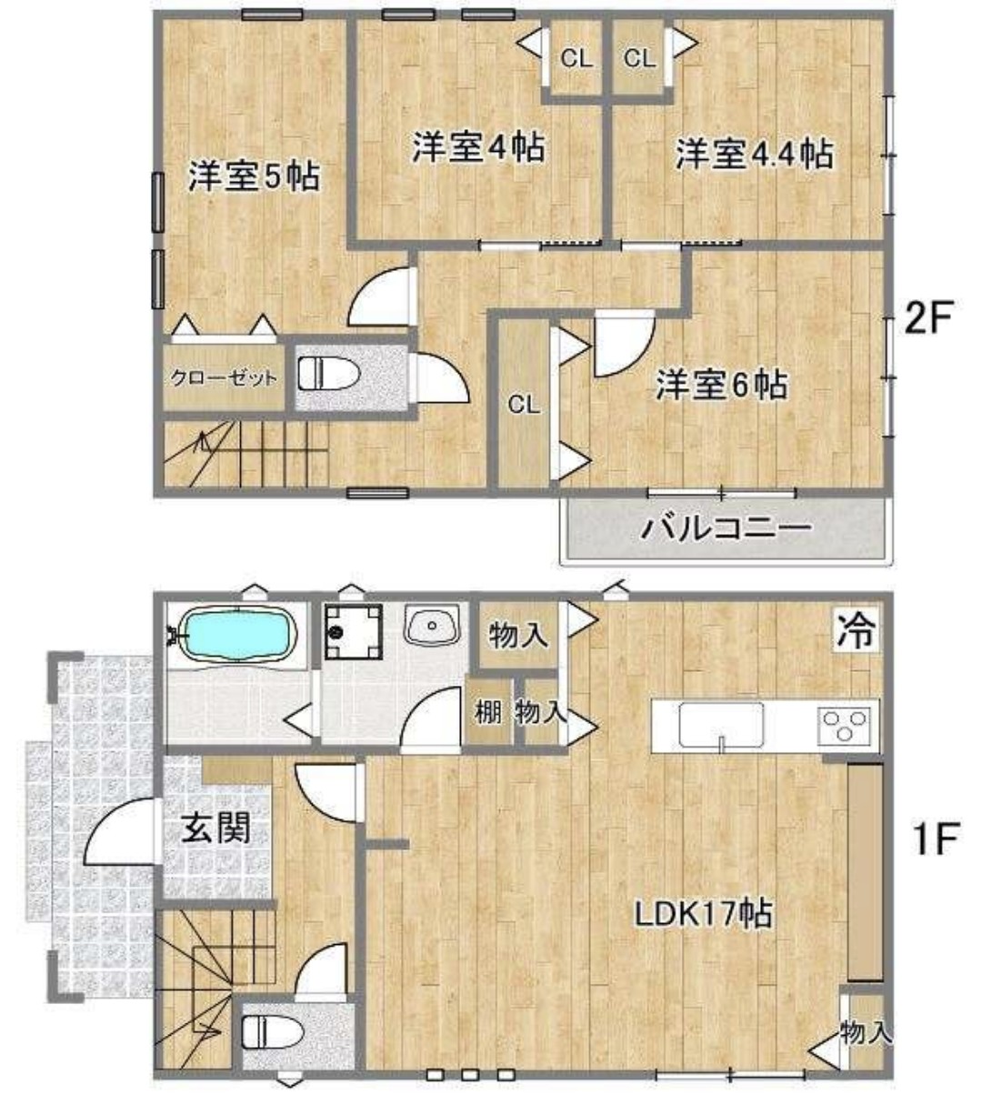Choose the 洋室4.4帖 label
pyautogui.click(x=754, y=153)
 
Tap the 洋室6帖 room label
pyautogui.click(x=722, y=386)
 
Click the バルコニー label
pyautogui.click(x=726, y=527)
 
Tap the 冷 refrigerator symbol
pyautogui.click(x=856, y=630)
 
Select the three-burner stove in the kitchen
pyautogui.click(x=845, y=725)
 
